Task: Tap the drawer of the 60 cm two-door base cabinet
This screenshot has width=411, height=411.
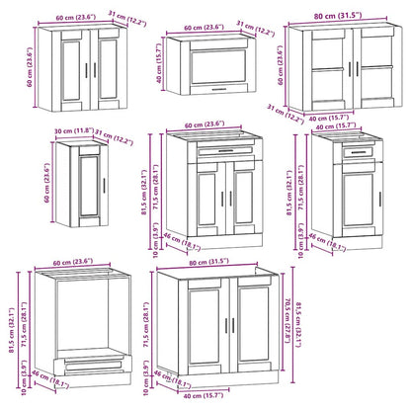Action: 216,150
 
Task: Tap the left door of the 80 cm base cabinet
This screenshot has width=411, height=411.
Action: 203,331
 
